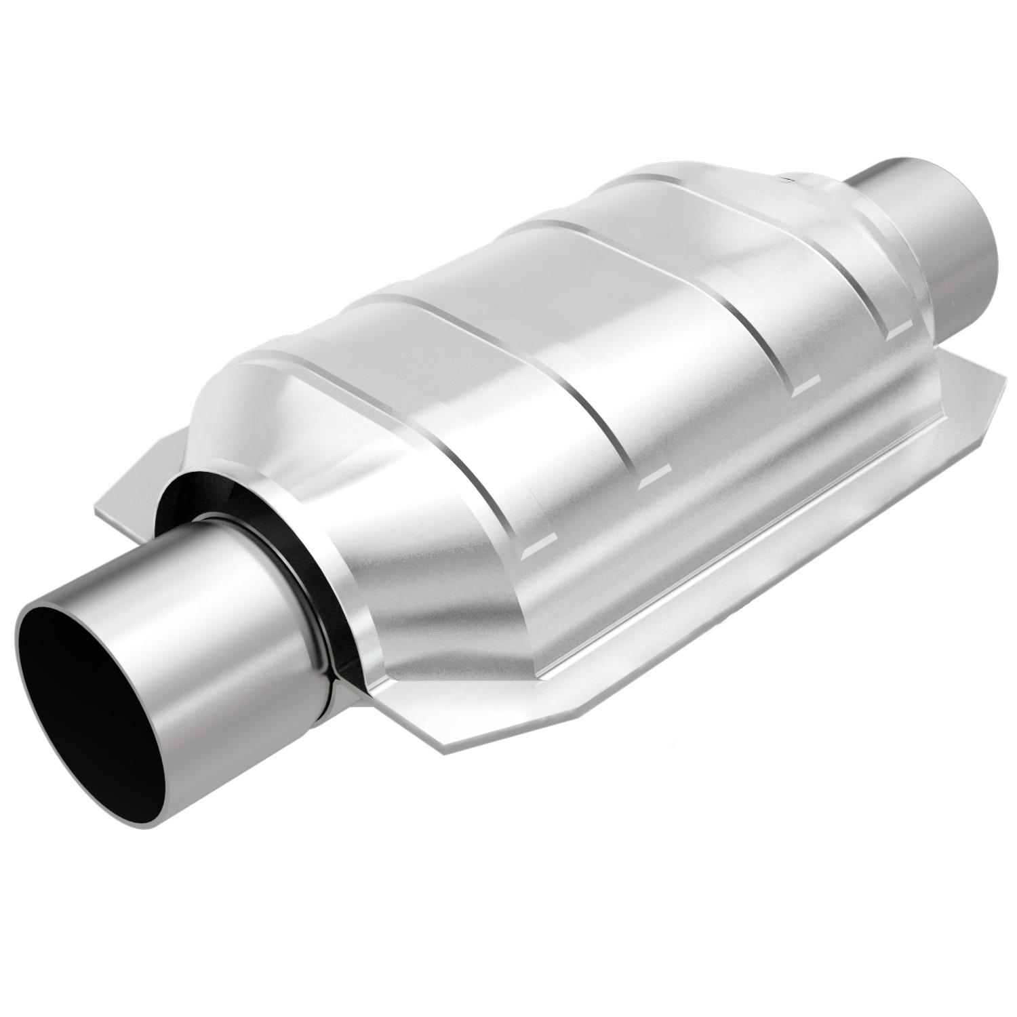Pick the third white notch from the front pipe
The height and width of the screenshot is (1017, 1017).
pos(807,388)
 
